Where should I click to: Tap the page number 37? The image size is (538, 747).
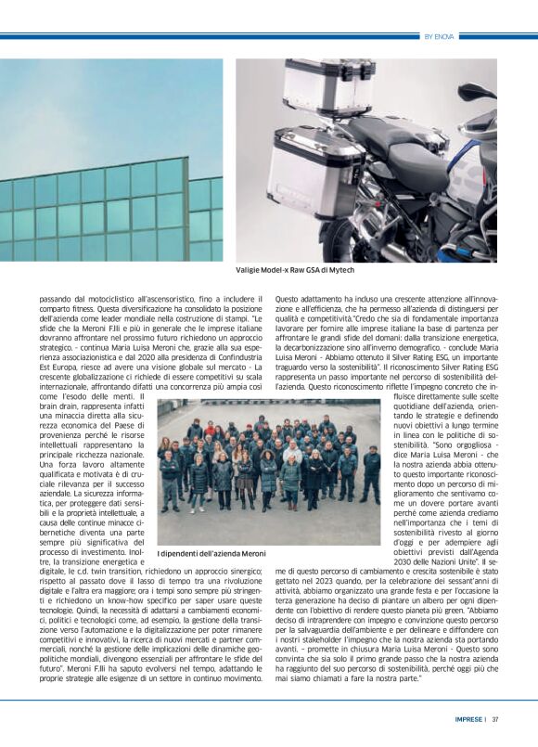[496, 718]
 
